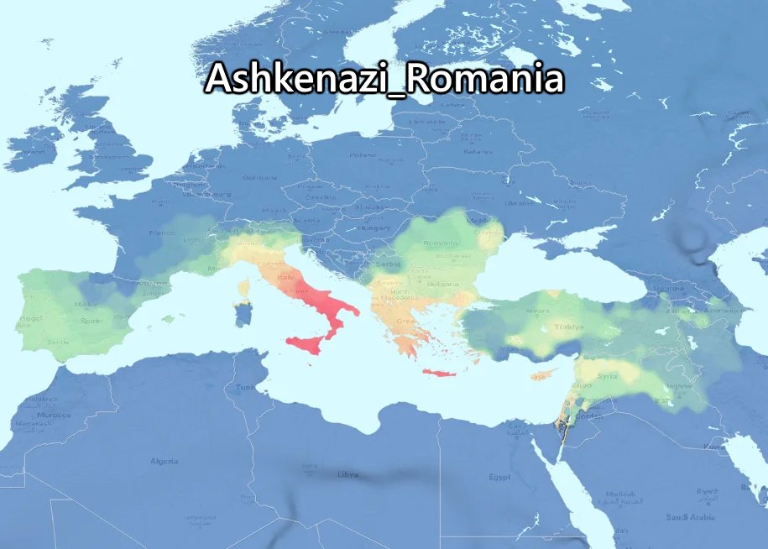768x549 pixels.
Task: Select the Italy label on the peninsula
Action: pos(288,277)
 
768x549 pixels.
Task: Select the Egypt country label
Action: pos(499,477)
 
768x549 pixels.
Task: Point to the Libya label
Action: pos(347,474)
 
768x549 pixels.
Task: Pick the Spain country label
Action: pos(92,321)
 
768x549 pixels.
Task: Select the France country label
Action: pos(161,233)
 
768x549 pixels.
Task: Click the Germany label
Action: pos(259,178)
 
